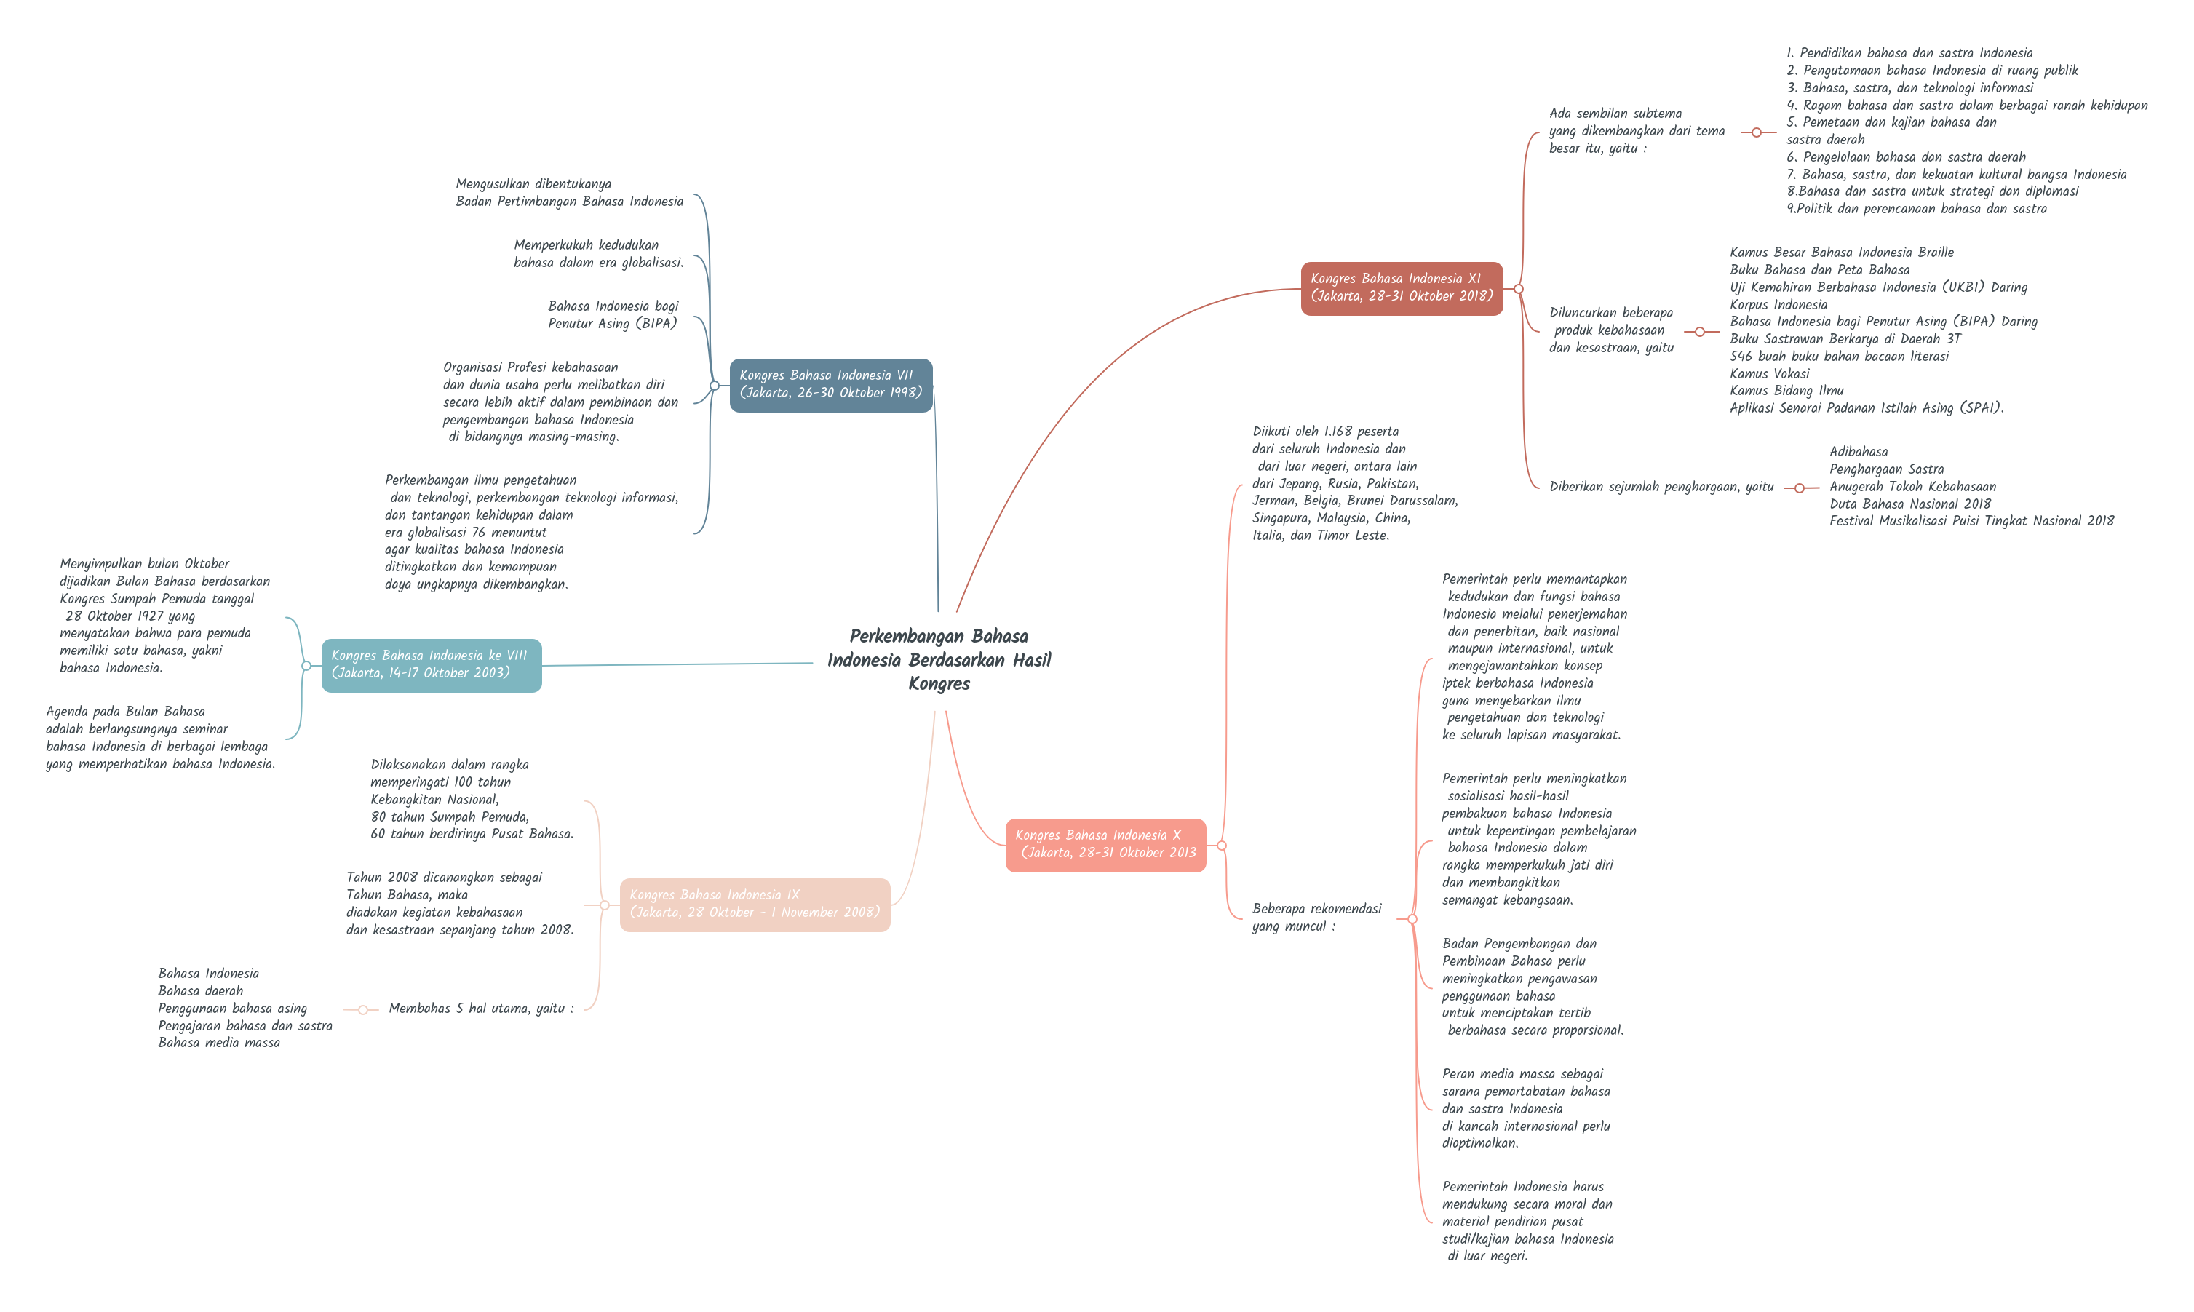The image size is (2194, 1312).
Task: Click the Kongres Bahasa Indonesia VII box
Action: pos(830,385)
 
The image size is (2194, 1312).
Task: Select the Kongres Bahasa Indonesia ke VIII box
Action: pos(431,665)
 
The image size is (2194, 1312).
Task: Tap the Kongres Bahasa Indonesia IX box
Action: pos(754,904)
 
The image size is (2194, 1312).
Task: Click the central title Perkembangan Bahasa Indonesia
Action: pos(939,659)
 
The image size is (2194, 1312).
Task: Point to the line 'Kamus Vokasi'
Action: pos(1769,373)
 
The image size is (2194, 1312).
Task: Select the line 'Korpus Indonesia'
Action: pos(1778,304)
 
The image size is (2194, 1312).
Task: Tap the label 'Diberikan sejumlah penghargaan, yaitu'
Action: pos(1661,487)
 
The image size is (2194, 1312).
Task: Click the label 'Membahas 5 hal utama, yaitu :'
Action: pos(481,1009)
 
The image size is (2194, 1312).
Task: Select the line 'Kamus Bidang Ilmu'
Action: pos(1786,391)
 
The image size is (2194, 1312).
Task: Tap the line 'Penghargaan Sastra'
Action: pos(1886,469)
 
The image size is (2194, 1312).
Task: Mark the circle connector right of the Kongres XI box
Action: pos(1519,289)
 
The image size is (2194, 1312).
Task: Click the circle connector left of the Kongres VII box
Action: pos(715,386)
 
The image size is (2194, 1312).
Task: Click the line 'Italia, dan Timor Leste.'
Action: pos(1320,536)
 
